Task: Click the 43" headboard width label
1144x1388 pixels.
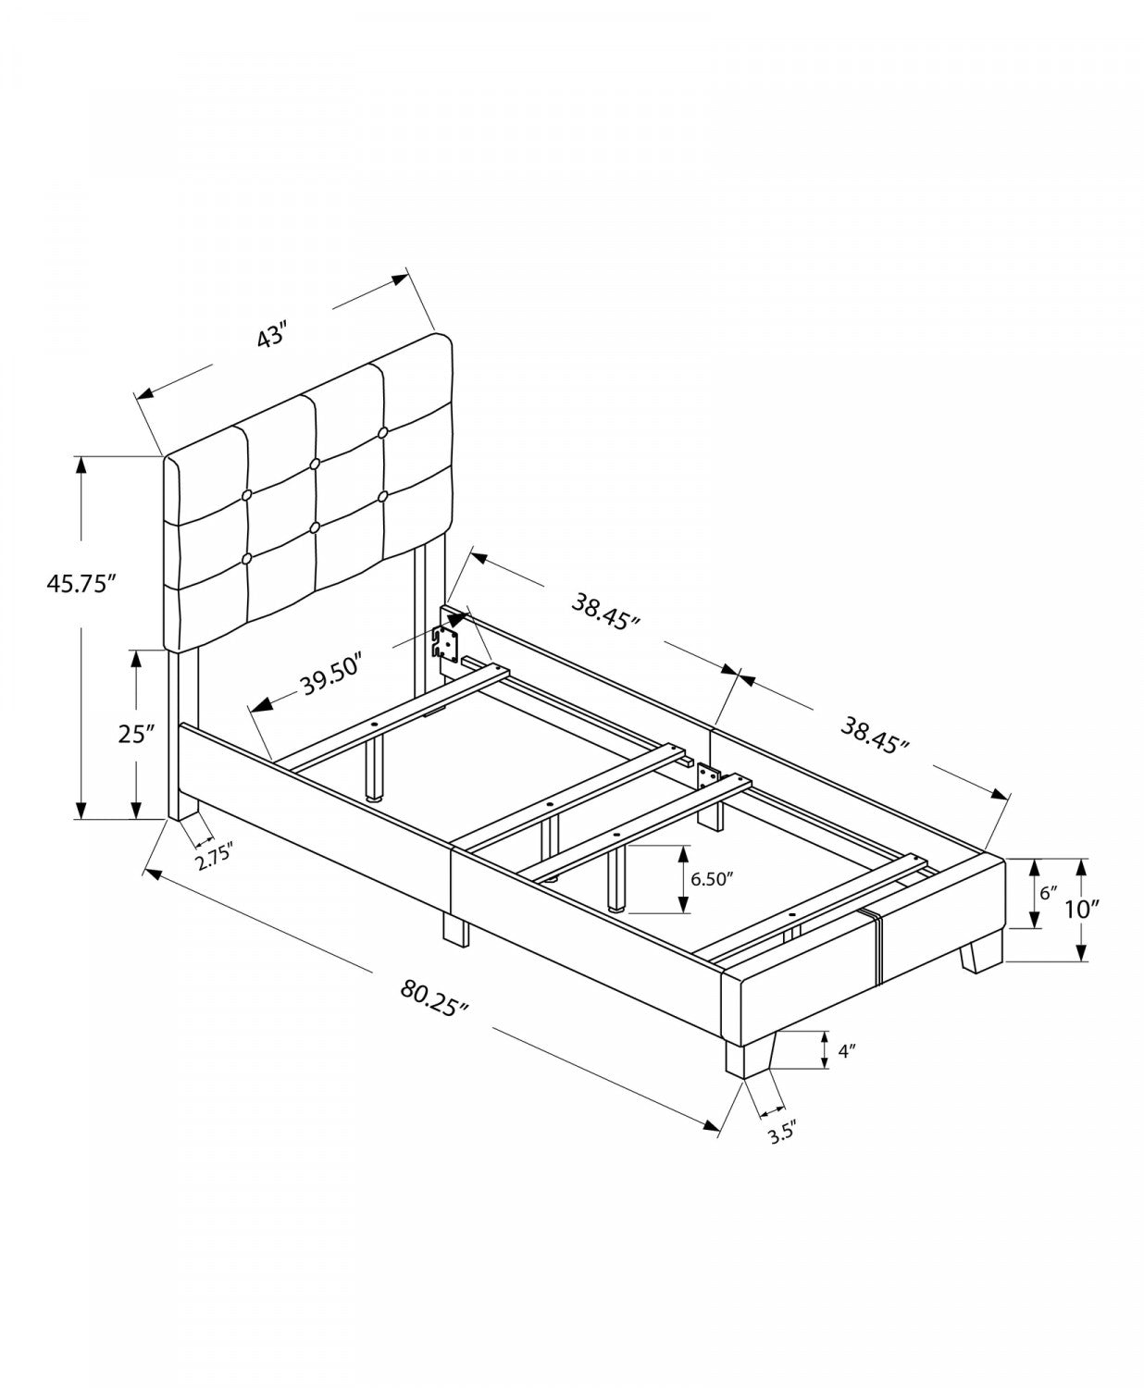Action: click(x=273, y=335)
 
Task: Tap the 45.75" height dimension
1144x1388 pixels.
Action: click(x=81, y=584)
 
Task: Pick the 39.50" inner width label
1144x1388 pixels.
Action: click(x=329, y=686)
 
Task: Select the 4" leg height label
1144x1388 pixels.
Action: click(x=846, y=1050)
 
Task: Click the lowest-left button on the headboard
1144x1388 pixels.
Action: click(x=247, y=558)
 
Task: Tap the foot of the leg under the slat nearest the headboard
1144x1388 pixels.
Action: click(x=375, y=794)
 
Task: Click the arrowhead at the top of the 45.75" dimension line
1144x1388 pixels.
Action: click(x=81, y=464)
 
